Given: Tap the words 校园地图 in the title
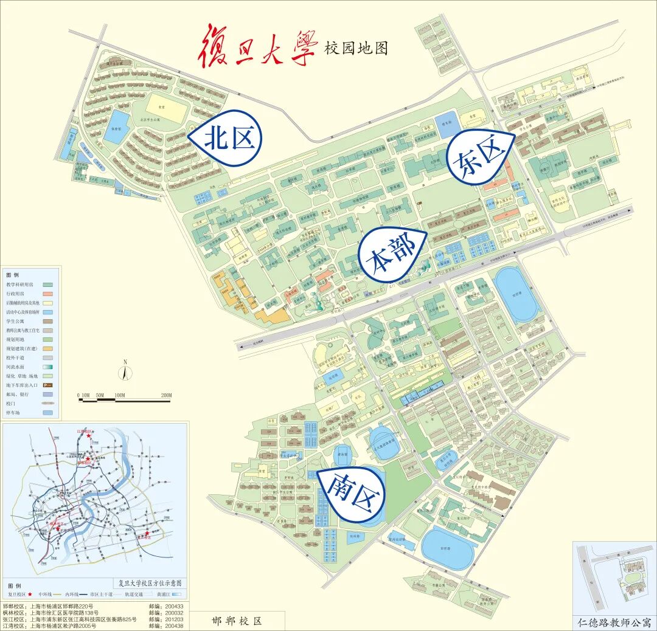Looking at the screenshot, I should click(356, 47).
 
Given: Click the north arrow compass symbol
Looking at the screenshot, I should click(125, 371).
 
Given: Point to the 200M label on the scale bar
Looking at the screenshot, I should click(165, 396).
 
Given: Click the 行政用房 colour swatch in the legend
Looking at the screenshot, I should click(48, 294).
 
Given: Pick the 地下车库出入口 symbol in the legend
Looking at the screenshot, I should click(48, 385).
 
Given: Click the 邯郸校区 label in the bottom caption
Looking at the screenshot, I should click(237, 621).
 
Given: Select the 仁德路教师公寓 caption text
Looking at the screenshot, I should click(614, 623).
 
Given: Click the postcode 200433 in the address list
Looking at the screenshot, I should click(174, 606).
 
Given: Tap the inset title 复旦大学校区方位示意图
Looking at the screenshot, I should click(149, 582).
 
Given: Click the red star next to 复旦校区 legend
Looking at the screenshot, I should click(29, 594).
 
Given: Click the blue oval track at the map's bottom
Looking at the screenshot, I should click(447, 548).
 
